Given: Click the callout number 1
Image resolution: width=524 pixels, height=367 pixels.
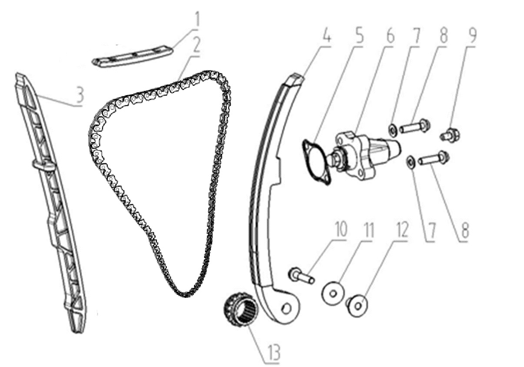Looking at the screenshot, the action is coord(197,20).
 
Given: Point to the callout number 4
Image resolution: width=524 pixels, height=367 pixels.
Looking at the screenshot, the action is coord(327,35).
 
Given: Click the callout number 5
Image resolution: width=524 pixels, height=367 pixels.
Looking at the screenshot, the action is coord(358,35).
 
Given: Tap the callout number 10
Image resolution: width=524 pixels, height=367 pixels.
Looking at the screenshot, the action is coord(340,228).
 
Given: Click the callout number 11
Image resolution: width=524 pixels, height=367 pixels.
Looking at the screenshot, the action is coord(368,230).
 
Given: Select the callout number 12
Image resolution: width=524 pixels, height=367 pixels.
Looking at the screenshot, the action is coord(402,230).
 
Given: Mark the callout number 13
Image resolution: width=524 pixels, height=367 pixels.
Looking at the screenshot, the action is coord(274,352).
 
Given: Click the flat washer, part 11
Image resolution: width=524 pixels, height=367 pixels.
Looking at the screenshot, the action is coord(333,293).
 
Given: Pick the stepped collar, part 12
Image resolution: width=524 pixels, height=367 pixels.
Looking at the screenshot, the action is coord(357,306).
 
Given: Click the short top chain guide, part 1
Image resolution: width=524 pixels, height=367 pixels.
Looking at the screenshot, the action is coord(132,56).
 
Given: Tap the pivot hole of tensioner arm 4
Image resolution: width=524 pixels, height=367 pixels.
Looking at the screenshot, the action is coord(286,308).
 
